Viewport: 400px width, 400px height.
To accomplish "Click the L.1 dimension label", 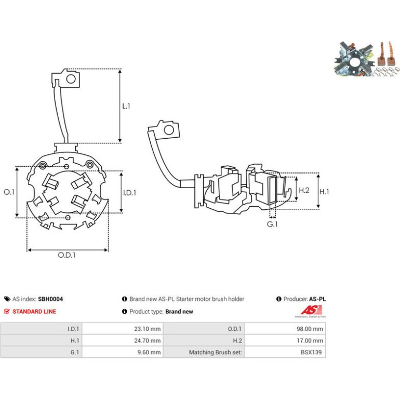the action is click(x=126, y=106).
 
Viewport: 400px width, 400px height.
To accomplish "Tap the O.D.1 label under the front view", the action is click(x=66, y=255).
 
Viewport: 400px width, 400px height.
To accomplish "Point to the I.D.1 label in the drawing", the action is click(x=129, y=193).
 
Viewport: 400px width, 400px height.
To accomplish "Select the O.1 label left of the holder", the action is click(x=9, y=192).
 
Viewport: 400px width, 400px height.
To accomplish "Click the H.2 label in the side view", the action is click(x=304, y=190).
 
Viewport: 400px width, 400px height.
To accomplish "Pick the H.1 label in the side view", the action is click(x=324, y=191).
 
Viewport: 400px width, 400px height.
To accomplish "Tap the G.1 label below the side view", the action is click(x=272, y=224).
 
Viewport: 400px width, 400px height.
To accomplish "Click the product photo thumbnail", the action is click(x=366, y=59).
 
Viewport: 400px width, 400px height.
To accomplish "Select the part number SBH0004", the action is click(x=50, y=299).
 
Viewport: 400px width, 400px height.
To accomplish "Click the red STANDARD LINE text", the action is click(x=34, y=312).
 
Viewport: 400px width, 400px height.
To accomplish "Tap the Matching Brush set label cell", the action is click(x=204, y=352).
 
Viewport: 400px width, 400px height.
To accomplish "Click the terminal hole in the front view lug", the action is click(x=71, y=79).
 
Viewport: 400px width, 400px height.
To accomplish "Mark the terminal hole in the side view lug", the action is click(x=169, y=130).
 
